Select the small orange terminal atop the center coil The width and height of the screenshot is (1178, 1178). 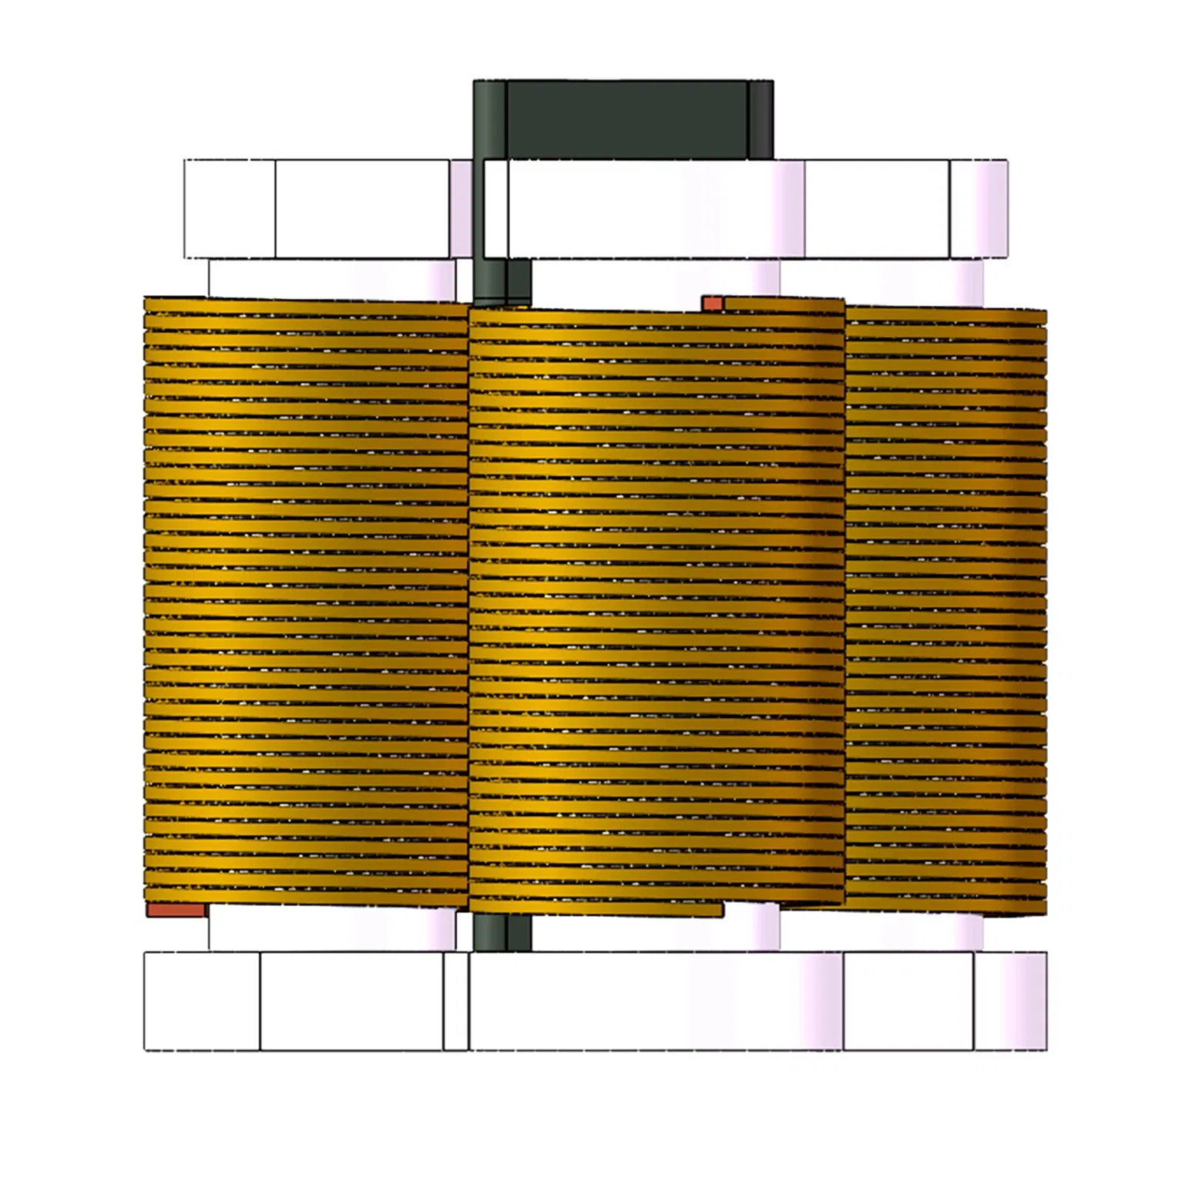click(x=712, y=304)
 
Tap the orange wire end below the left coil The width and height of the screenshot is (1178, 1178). click(x=176, y=911)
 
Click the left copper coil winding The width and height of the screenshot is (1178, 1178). click(x=307, y=601)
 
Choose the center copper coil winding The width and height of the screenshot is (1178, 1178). click(x=656, y=601)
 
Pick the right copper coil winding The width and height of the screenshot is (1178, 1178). click(x=946, y=609)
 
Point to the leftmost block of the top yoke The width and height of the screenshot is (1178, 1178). click(x=230, y=209)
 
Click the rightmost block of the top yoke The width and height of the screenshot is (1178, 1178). click(x=978, y=209)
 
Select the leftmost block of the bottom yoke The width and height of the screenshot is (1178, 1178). click(x=202, y=1001)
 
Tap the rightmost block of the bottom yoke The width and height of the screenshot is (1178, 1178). click(x=1010, y=1001)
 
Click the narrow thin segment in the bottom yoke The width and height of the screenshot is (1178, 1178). click(x=455, y=1001)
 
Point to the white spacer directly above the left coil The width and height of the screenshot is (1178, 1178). click(x=331, y=279)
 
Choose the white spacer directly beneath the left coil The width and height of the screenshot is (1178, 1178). click(x=331, y=929)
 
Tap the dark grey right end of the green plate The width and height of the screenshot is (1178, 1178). click(x=760, y=119)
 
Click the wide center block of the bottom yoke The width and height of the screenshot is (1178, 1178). click(x=655, y=1001)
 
